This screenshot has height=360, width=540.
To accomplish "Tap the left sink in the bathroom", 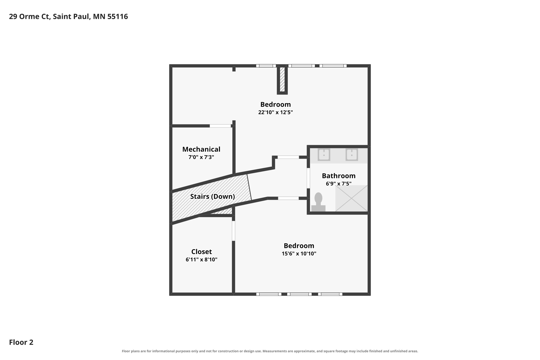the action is [x=324, y=155].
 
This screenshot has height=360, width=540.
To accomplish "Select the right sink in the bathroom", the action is [x=352, y=155].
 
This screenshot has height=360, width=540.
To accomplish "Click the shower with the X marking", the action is [x=351, y=198].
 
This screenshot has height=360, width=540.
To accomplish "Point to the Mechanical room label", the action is [x=201, y=149].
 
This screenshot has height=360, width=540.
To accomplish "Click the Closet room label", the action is [x=201, y=252].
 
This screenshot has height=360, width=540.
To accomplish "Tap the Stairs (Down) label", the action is [x=213, y=196].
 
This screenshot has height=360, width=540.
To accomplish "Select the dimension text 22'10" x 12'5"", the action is [x=276, y=112].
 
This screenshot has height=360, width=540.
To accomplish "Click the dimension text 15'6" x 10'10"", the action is [x=299, y=254].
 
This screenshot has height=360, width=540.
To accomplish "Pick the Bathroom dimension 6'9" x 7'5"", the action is [x=339, y=184].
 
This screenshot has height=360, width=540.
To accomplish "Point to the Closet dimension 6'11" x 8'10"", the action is [x=201, y=260].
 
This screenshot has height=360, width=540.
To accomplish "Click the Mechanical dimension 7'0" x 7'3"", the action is [x=201, y=157].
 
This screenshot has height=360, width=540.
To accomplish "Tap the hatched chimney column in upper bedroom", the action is [x=282, y=79].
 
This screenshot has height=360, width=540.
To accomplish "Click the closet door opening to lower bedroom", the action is [x=233, y=231].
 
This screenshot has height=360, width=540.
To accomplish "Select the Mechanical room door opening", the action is [x=220, y=126].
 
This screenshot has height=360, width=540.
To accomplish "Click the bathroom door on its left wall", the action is [x=308, y=178].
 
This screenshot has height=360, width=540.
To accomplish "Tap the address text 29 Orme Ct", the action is [x=29, y=16].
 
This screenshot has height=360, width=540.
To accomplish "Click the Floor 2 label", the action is [x=21, y=342].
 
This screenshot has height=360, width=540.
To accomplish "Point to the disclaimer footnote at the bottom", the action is [x=270, y=351].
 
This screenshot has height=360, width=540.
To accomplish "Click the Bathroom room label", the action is [x=339, y=176].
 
